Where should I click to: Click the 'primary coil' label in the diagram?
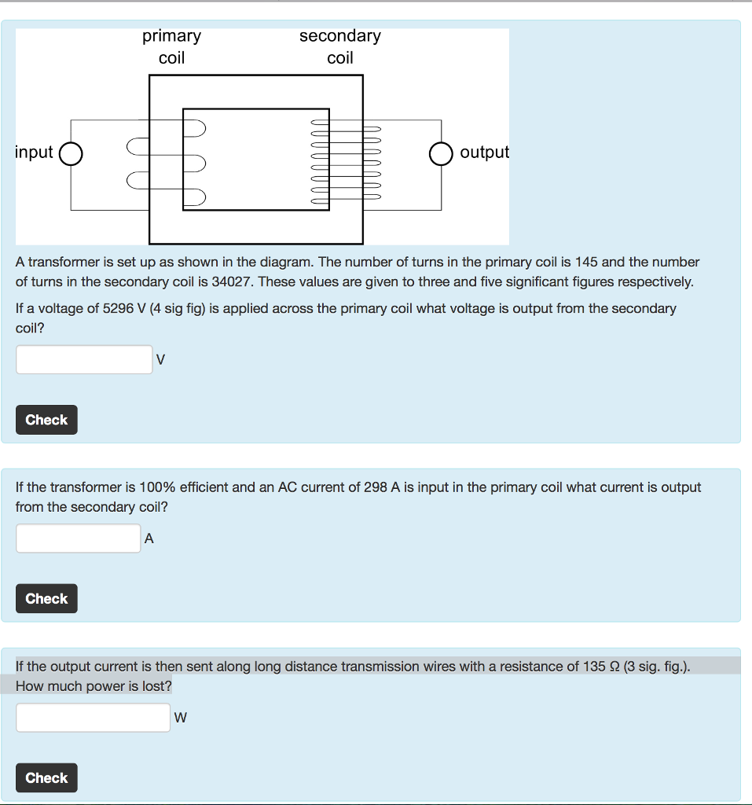tap(171, 46)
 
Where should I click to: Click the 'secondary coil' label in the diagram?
tap(339, 46)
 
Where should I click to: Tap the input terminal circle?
tap(71, 154)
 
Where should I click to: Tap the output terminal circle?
tap(442, 154)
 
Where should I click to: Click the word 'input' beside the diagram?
tap(35, 152)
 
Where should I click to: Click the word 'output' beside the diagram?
tap(484, 152)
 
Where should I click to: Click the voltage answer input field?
tap(84, 359)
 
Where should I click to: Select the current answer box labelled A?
tap(79, 539)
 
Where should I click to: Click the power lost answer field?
tap(93, 717)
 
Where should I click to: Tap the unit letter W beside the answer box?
tap(181, 717)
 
